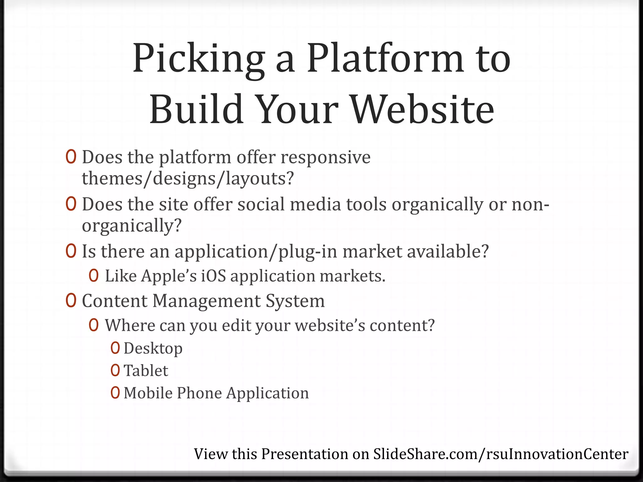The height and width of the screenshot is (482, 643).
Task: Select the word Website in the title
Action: (x=422, y=110)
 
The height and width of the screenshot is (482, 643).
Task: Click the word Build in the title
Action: (x=196, y=110)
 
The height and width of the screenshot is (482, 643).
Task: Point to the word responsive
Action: (x=325, y=158)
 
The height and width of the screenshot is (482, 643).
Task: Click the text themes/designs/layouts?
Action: (x=187, y=179)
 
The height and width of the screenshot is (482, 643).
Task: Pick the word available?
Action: (x=448, y=252)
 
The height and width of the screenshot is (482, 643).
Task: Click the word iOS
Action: (x=213, y=276)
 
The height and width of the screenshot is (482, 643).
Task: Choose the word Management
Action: (x=206, y=301)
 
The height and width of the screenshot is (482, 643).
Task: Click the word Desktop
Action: (x=153, y=349)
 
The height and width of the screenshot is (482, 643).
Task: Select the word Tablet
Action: (x=146, y=371)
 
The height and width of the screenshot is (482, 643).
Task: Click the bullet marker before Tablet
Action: (x=115, y=371)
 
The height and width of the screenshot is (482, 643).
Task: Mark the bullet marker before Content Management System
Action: (x=71, y=301)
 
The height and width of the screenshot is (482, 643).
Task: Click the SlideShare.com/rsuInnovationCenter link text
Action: (x=500, y=454)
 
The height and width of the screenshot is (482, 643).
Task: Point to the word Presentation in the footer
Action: (x=305, y=454)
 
